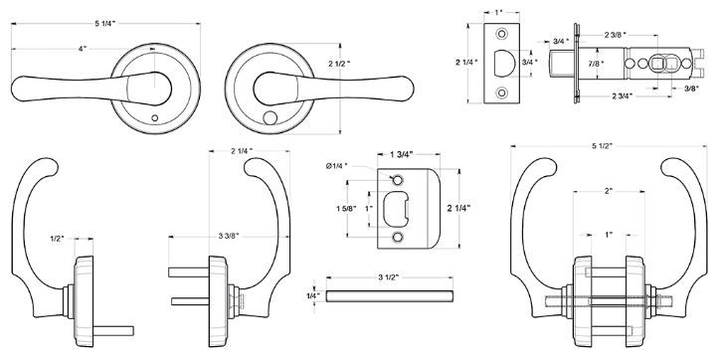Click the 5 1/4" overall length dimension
(x=103, y=23)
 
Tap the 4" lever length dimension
(x=81, y=48)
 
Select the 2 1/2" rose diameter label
(x=342, y=65)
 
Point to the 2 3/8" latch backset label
(x=614, y=36)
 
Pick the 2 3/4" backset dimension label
(x=624, y=95)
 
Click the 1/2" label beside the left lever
(x=58, y=238)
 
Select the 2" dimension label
(x=609, y=190)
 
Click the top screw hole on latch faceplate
(x=500, y=38)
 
